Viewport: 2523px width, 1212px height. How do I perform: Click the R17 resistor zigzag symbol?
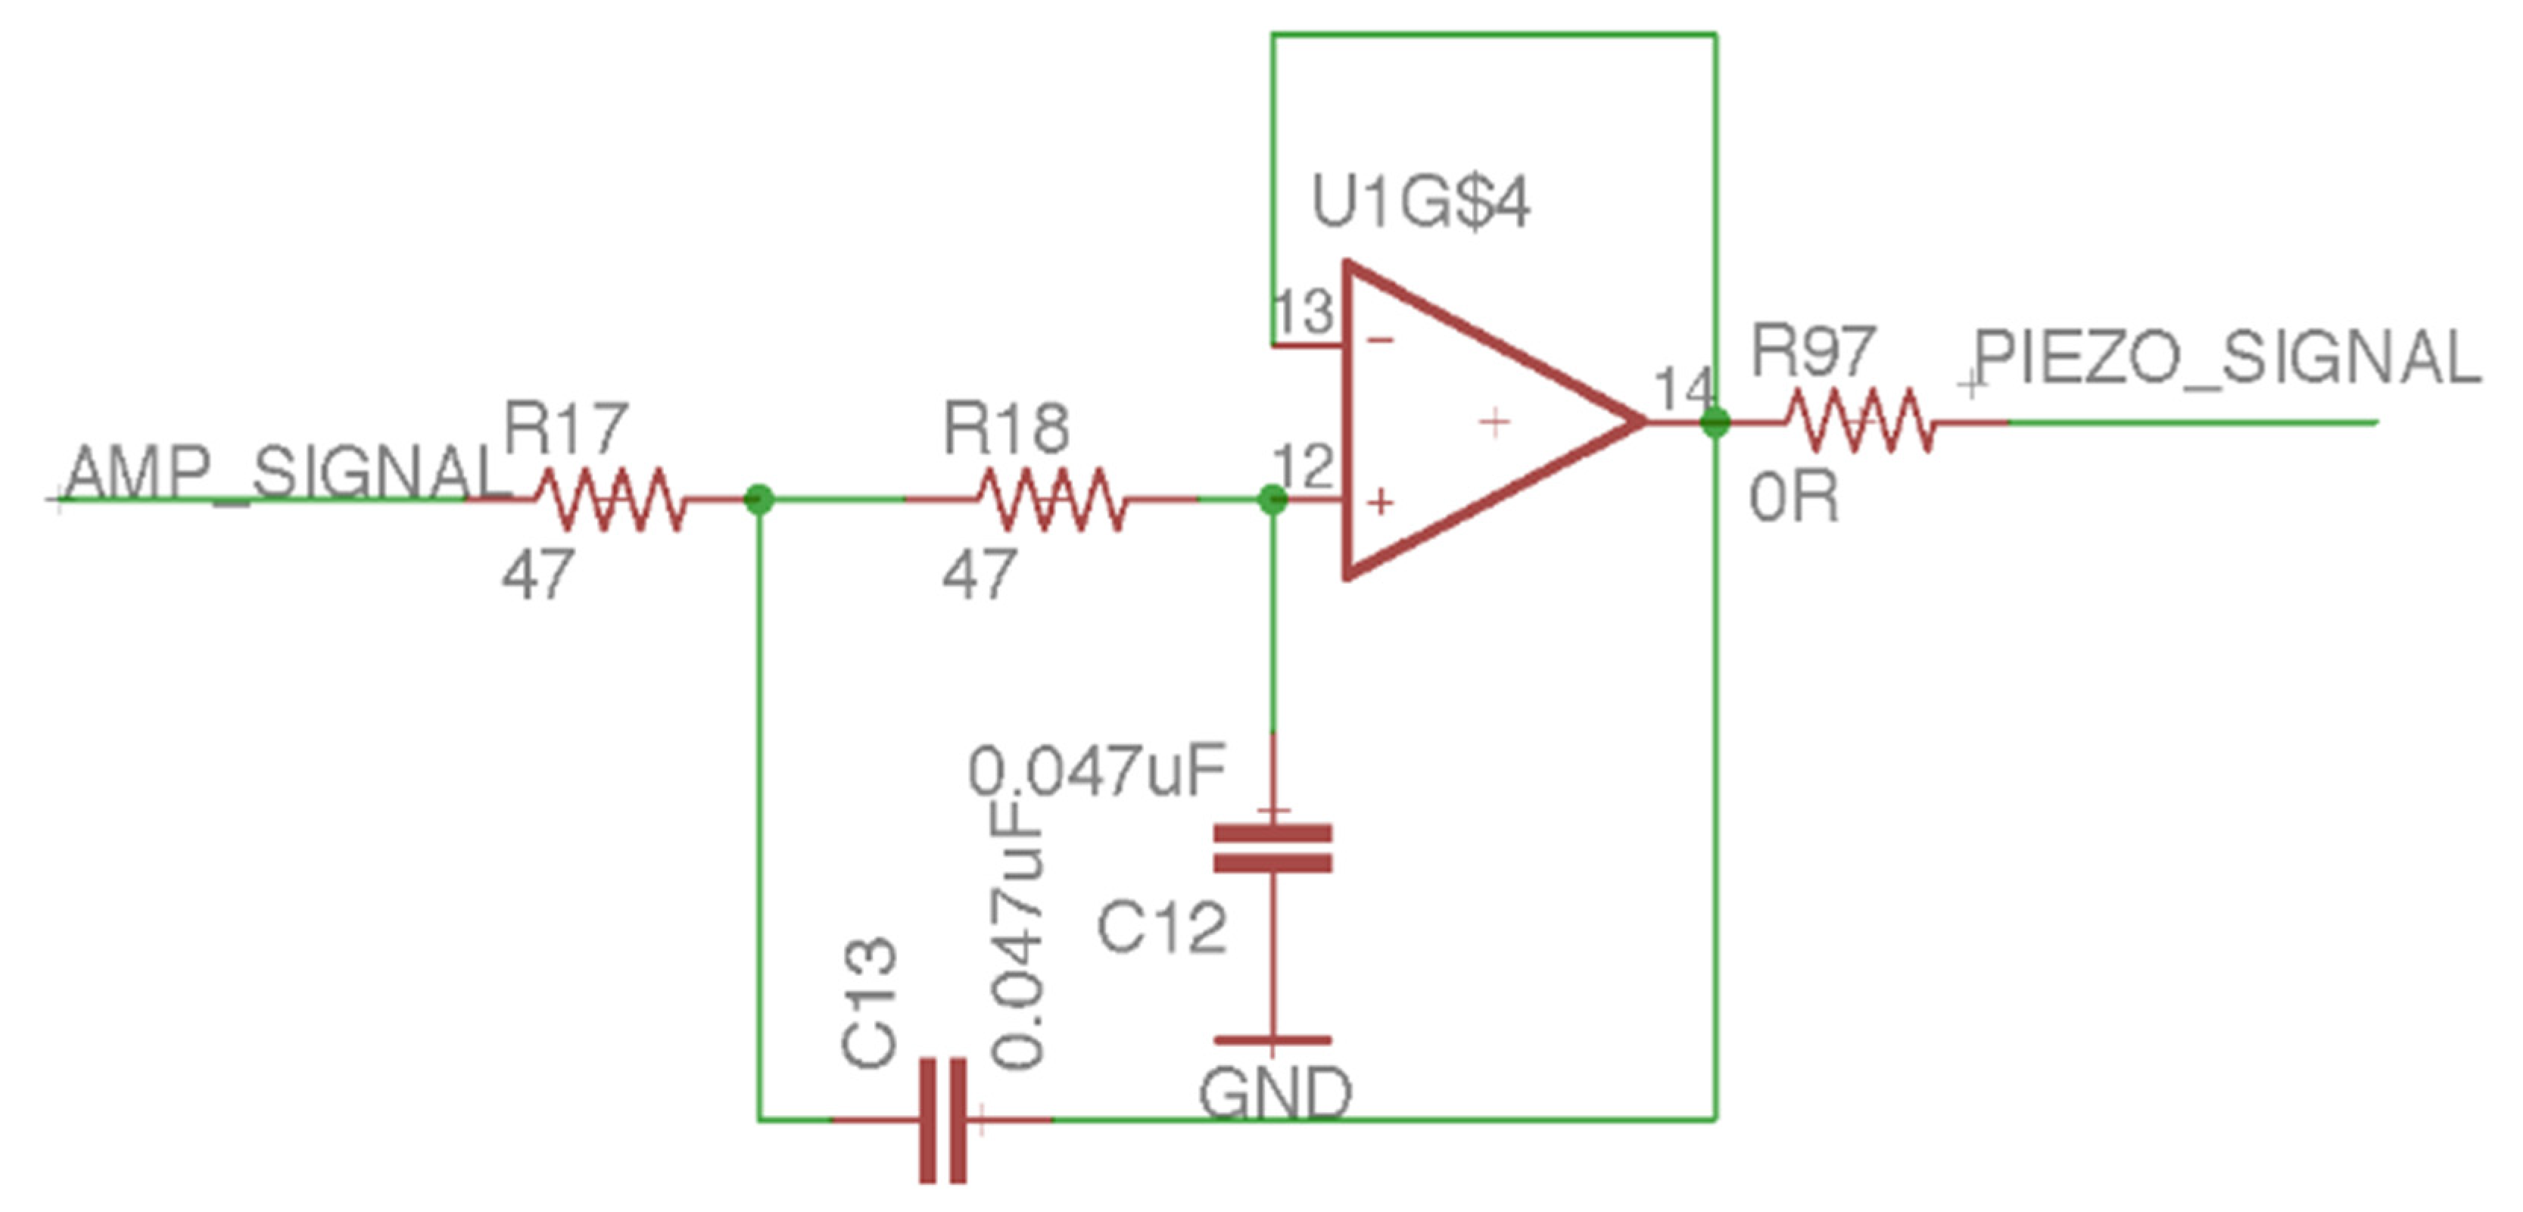point(610,500)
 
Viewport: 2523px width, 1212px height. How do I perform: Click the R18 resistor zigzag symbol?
point(1051,500)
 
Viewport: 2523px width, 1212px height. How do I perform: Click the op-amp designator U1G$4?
point(1420,204)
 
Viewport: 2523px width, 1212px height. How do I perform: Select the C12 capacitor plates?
point(1272,849)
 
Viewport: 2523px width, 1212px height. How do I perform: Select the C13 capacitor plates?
point(943,1120)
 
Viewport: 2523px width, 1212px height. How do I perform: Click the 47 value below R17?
point(537,575)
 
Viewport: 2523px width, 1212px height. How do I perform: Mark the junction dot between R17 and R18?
point(759,500)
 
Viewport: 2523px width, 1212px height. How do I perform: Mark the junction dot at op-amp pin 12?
point(1272,500)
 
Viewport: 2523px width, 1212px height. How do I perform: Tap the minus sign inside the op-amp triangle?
point(1380,340)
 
